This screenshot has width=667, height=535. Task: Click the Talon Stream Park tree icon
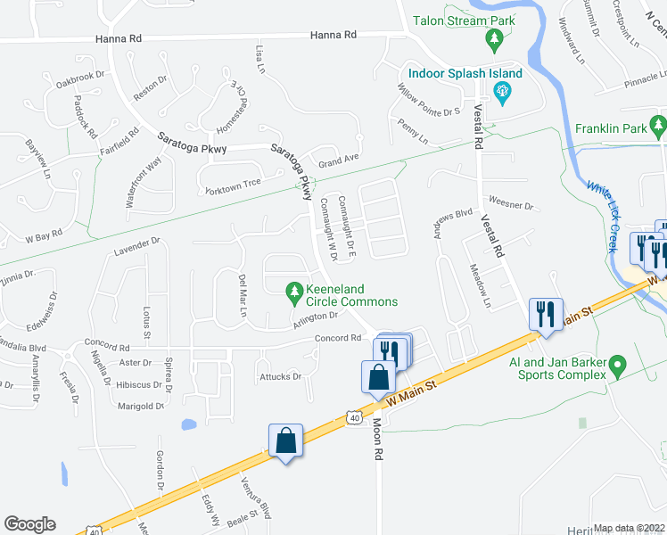[x=496, y=39]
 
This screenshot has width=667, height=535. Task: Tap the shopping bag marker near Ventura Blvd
[x=285, y=441]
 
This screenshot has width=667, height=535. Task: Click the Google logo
[x=29, y=524]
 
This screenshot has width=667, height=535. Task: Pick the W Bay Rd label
[x=43, y=237]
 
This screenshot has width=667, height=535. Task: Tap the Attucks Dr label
[x=280, y=376]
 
